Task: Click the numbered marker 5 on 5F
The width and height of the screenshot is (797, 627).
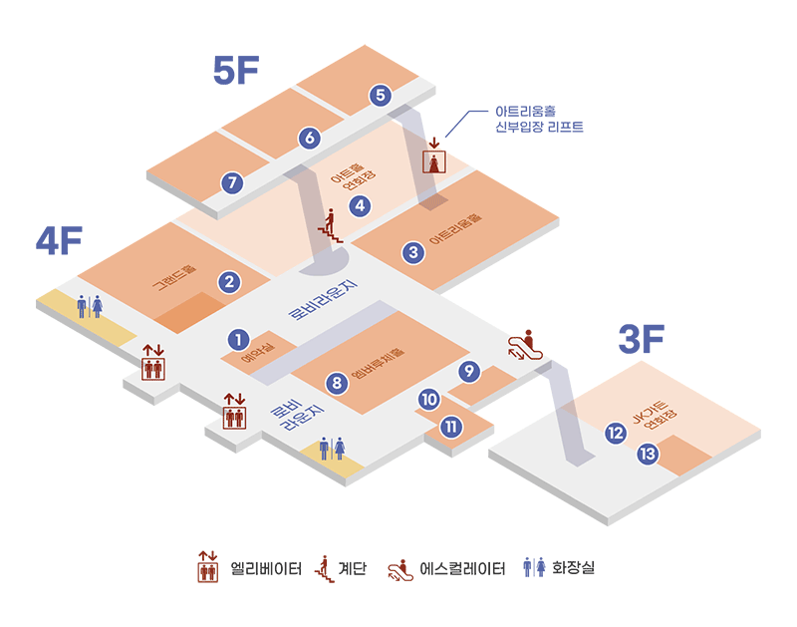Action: tap(381, 95)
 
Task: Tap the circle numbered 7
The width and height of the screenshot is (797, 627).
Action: tap(232, 182)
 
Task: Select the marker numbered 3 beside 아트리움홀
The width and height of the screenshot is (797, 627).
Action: tap(413, 252)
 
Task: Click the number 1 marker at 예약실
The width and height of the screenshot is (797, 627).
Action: tap(238, 340)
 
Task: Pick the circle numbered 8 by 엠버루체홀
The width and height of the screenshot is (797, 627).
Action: tap(337, 383)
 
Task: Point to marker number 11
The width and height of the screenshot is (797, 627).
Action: tap(451, 426)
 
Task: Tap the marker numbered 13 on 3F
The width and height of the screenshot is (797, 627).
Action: tap(648, 454)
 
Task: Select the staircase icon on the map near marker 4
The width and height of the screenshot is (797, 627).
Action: tap(330, 226)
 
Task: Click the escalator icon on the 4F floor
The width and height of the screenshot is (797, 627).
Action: tap(525, 345)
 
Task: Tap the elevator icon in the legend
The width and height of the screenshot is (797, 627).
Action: tap(208, 566)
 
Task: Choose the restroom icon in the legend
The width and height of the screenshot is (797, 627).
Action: tap(534, 566)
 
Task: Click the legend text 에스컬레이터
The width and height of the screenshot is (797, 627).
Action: tap(462, 568)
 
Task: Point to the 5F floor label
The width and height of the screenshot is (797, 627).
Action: tap(236, 70)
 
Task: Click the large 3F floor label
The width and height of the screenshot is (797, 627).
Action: tap(642, 339)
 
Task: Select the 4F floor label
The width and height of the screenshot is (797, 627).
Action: tap(59, 240)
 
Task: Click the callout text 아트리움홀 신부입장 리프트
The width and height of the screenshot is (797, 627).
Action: tap(539, 119)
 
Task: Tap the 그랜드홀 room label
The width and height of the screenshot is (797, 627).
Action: tap(174, 277)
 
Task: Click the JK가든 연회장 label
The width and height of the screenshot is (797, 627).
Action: tap(656, 415)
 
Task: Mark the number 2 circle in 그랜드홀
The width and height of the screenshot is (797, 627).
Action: tap(229, 282)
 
